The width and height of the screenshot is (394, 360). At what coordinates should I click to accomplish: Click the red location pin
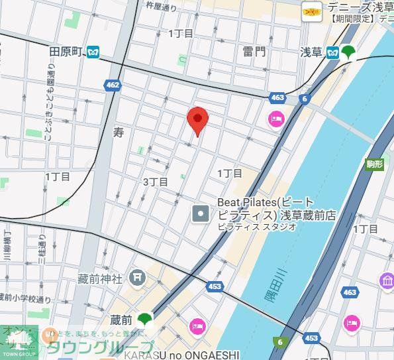coord(197,119)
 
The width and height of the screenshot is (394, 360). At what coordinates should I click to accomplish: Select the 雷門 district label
coord(254,51)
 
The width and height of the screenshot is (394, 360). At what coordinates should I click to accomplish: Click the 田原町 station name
coord(67,51)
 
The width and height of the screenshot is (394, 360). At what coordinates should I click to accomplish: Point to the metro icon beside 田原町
coord(93,51)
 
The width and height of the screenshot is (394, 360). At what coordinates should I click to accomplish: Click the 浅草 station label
coord(311,51)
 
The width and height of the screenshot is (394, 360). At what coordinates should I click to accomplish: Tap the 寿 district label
coord(119,133)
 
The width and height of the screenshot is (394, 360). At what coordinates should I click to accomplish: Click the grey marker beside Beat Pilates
coord(201,213)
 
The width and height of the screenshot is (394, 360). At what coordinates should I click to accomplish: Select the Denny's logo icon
coord(311,9)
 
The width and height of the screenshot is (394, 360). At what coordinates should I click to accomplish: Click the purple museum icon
coord(387,280)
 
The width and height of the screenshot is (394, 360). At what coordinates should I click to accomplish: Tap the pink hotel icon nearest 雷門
coord(275,119)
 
